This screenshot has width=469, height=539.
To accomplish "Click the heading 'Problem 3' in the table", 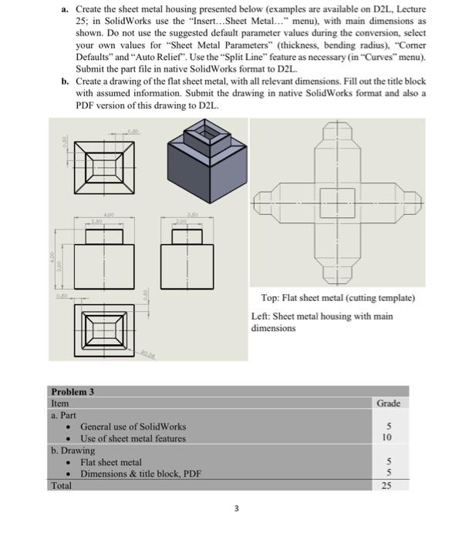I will point(72,391).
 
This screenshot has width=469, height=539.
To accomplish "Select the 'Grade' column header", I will point(388,403).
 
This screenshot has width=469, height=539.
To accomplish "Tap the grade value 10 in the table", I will point(386,437).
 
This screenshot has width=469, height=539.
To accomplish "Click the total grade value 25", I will point(387,485).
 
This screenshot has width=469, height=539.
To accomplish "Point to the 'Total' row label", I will point(60,485).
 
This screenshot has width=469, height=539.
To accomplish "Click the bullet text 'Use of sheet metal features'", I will point(133,438).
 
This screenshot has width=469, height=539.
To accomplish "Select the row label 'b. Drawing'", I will point(73,450).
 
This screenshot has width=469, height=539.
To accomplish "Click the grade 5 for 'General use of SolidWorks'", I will point(388,426).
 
